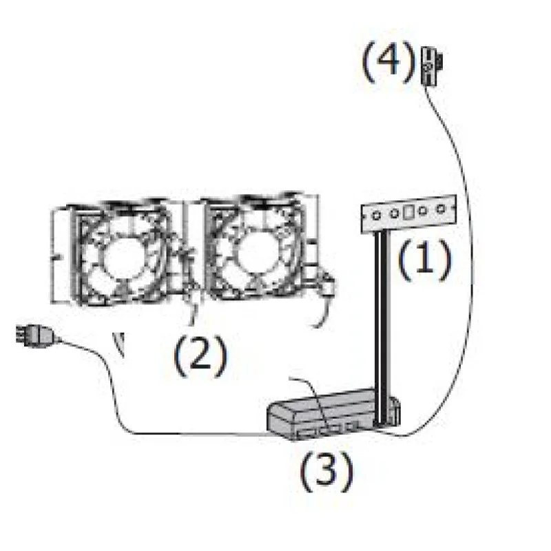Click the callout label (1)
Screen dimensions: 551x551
click(424, 260)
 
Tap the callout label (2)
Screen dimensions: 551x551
click(200, 356)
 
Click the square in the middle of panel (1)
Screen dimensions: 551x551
click(408, 213)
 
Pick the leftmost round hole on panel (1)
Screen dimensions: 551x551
click(376, 216)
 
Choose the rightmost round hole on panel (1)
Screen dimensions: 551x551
click(440, 209)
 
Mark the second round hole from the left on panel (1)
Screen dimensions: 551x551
click(394, 214)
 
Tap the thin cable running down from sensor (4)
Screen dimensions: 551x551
click(466, 246)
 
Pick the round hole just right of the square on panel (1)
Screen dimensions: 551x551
click(423, 211)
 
